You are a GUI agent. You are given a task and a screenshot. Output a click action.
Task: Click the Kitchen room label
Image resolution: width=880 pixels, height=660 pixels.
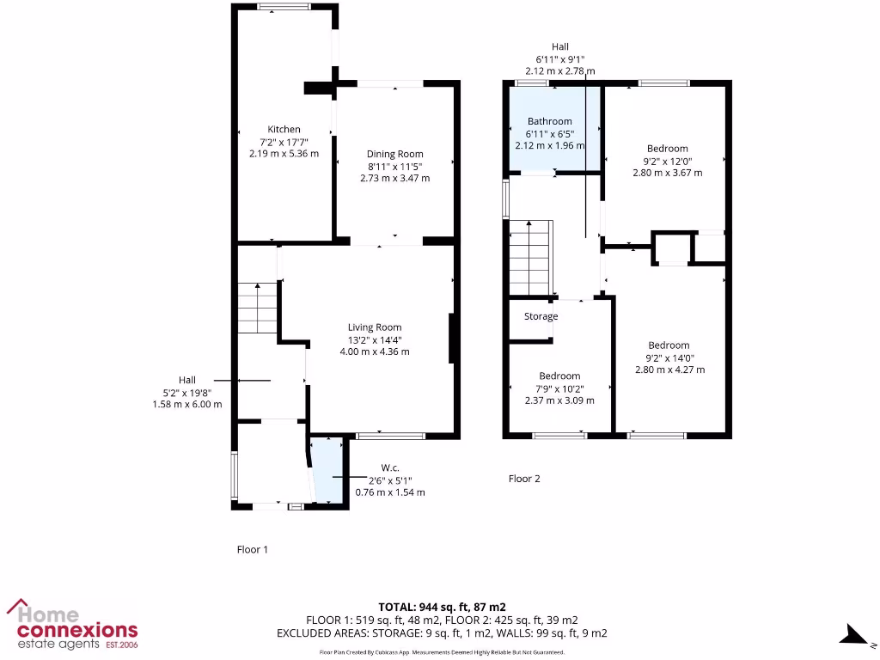click(x=284, y=130)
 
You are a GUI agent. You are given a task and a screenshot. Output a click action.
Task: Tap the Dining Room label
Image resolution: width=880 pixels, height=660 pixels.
click(x=394, y=155)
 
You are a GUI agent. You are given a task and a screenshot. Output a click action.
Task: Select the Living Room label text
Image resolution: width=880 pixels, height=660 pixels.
click(x=375, y=327)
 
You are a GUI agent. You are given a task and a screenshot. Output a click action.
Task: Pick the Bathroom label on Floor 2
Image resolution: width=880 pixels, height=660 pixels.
click(x=549, y=122)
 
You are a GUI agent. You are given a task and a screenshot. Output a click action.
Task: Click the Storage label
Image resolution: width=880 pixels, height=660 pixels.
click(x=541, y=316)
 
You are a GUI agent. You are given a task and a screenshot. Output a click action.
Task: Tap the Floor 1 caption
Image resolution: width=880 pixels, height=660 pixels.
click(x=253, y=549)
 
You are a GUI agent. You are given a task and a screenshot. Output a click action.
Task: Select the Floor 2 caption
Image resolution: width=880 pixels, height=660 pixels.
click(x=524, y=479)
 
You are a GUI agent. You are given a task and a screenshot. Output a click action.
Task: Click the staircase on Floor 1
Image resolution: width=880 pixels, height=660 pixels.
click(x=257, y=309)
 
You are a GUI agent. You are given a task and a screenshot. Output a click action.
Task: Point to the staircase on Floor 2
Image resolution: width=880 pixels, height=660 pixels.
click(x=529, y=258)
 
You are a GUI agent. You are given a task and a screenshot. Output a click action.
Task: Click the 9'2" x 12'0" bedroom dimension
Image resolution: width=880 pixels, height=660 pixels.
click(x=668, y=161)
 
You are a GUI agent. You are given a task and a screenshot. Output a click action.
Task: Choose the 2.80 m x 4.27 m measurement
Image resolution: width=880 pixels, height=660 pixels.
click(x=669, y=370)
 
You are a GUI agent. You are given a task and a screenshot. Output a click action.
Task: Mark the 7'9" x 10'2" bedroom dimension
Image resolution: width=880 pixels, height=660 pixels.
click(x=559, y=388)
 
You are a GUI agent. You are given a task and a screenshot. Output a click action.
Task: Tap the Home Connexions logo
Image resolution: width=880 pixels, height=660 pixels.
click(x=72, y=625)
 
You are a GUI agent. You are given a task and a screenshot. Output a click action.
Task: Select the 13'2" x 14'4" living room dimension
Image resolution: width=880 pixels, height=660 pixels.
click(x=375, y=339)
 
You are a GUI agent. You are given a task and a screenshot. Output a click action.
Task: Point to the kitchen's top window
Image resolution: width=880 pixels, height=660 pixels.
click(x=284, y=8)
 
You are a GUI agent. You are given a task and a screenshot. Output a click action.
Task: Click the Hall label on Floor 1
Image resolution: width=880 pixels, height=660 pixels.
click(x=187, y=380)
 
